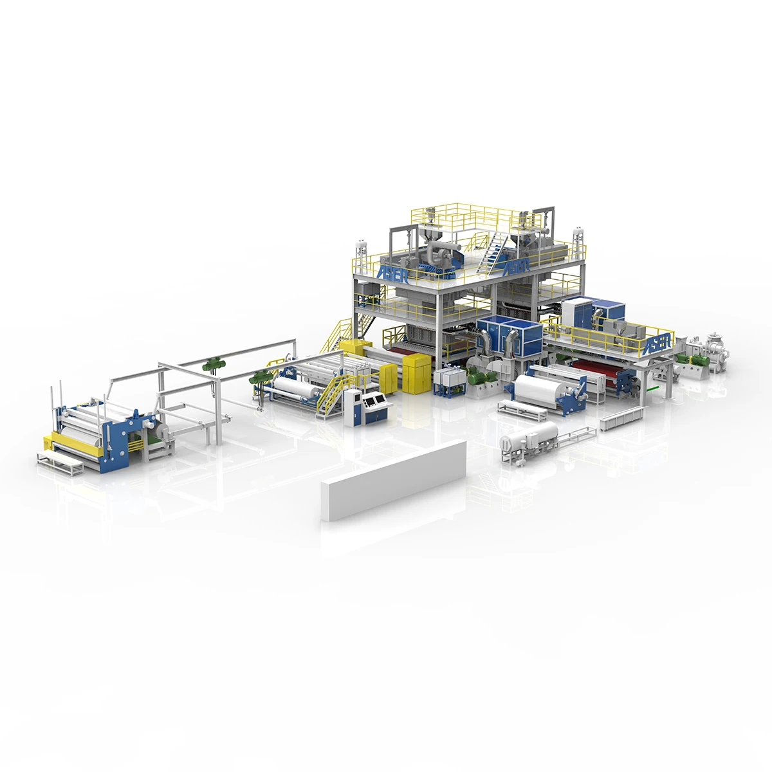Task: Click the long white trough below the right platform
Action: [x=617, y=419]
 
